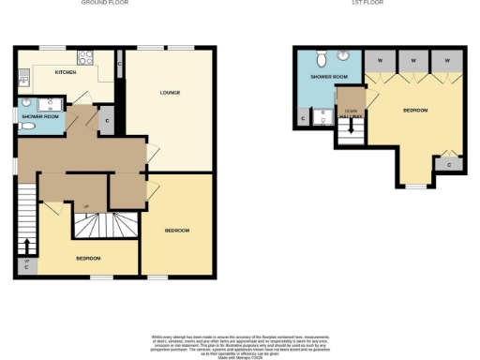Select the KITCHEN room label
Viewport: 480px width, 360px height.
pos(66,72)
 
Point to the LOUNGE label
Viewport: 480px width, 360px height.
pos(170,92)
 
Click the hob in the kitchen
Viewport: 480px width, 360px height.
pos(83,56)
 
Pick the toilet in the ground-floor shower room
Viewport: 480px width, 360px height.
pos(26,126)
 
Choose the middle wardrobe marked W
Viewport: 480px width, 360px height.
pos(413,60)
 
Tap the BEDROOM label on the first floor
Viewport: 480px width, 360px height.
pos(415,111)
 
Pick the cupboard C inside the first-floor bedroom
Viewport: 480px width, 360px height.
pos(450,165)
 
